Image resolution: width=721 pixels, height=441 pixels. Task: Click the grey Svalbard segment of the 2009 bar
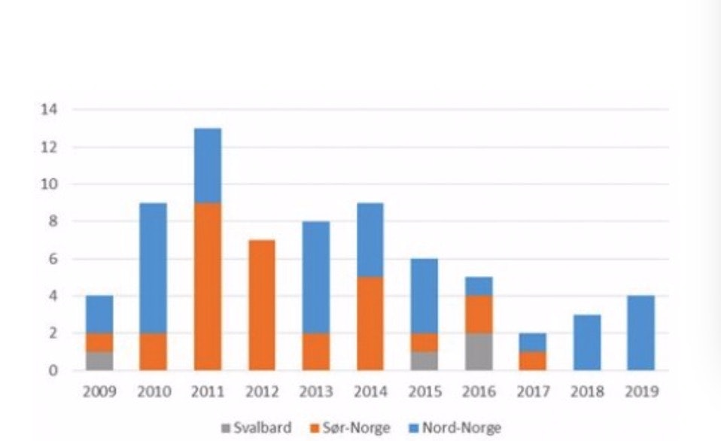99,360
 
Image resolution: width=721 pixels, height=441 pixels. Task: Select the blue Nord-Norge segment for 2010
153,268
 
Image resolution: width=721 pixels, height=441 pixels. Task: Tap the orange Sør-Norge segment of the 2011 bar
207,286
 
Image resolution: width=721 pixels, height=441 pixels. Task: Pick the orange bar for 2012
261,305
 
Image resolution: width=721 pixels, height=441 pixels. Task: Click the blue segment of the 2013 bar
315,277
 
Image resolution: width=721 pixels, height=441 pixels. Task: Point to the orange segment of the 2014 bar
370,324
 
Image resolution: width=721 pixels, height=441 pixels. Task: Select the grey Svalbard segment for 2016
478,351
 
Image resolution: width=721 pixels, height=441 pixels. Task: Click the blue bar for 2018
586,342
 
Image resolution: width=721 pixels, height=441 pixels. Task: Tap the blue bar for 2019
640,333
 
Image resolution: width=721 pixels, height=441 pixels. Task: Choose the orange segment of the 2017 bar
532,360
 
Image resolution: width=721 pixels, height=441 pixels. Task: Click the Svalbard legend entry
257,428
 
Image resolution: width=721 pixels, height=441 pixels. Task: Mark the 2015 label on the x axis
424,392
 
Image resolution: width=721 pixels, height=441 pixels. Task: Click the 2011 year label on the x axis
207,392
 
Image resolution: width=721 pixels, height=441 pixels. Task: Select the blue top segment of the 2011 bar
207,166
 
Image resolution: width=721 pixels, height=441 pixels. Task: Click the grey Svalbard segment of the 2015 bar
424,360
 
